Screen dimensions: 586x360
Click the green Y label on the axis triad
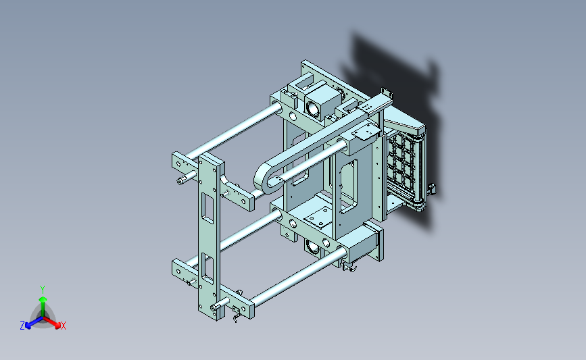pos(43,290)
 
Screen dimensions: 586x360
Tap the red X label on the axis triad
pos(63,326)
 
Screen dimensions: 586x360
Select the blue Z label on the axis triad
pos(22,326)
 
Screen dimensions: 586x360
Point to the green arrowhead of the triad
pos(43,299)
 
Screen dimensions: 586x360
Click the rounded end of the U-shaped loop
pos(262,180)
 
